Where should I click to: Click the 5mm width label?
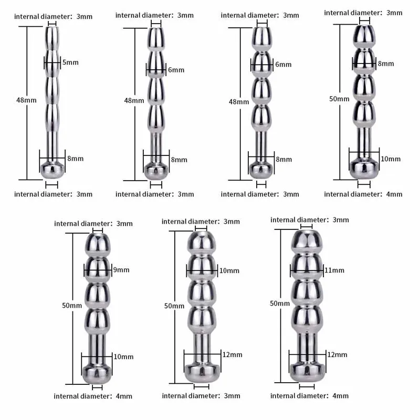tap(70, 62)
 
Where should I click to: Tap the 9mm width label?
tap(121, 270)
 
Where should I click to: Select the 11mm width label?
tap(334, 270)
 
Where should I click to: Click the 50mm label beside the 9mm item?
tap(71, 305)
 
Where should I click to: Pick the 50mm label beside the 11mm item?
tap(280, 303)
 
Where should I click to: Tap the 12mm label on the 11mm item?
tap(338, 355)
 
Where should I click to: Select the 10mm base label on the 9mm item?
tap(123, 357)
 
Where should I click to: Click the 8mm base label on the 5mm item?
tap(75, 158)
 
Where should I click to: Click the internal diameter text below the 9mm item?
tap(92, 396)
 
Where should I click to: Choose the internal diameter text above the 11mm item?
tap(310, 219)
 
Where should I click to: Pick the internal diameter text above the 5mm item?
tap(53, 16)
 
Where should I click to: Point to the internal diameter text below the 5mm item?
tap(53, 194)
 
